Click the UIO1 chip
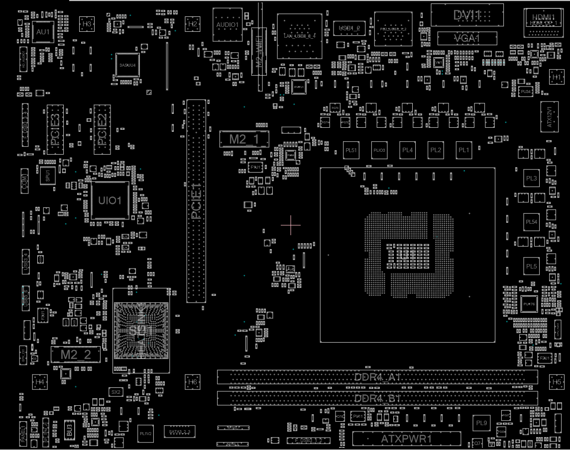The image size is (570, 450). click(x=110, y=200)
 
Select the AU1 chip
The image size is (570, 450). click(x=43, y=32)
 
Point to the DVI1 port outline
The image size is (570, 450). click(x=467, y=15)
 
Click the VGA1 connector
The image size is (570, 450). click(x=467, y=38)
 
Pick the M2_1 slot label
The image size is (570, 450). click(x=244, y=139)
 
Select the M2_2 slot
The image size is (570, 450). click(x=76, y=354)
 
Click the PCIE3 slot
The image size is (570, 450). click(x=55, y=129)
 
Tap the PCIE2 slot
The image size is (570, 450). click(x=102, y=129)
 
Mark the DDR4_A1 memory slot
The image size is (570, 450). click(x=377, y=377)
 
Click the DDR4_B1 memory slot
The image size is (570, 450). click(x=377, y=398)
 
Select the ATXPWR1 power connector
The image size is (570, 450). click(x=407, y=439)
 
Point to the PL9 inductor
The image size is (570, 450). click(x=481, y=423)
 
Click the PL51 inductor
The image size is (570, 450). click(x=351, y=150)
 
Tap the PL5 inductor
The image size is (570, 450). click(x=531, y=267)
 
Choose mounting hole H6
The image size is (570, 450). click(x=193, y=382)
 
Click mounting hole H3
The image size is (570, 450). click(x=87, y=23)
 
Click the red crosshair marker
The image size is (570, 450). click(x=291, y=225)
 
